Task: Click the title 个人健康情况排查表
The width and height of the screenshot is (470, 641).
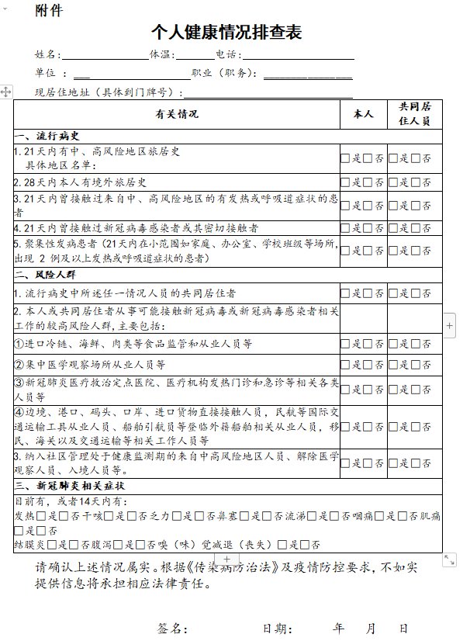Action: pyautogui.click(x=226, y=33)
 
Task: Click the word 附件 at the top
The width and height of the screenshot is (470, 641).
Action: pyautogui.click(x=50, y=10)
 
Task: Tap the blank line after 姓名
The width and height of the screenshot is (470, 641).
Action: pyautogui.click(x=105, y=55)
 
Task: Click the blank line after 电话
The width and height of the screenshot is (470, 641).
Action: pyautogui.click(x=298, y=55)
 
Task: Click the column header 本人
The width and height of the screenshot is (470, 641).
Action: pyautogui.click(x=363, y=114)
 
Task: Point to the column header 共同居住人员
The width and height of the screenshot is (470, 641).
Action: pyautogui.click(x=414, y=114)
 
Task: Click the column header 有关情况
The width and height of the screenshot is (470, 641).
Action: pyautogui.click(x=177, y=114)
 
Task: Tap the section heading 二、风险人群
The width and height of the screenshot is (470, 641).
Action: pyautogui.click(x=47, y=274)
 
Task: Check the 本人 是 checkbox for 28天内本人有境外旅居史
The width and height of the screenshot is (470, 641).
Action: pyautogui.click(x=345, y=182)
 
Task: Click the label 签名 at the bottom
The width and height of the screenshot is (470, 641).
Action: pyautogui.click(x=172, y=628)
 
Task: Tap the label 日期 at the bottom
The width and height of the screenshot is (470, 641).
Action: pyautogui.click(x=277, y=628)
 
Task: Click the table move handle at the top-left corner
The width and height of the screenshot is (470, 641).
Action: pyautogui.click(x=6, y=92)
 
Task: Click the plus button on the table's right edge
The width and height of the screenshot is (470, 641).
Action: pyautogui.click(x=450, y=325)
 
